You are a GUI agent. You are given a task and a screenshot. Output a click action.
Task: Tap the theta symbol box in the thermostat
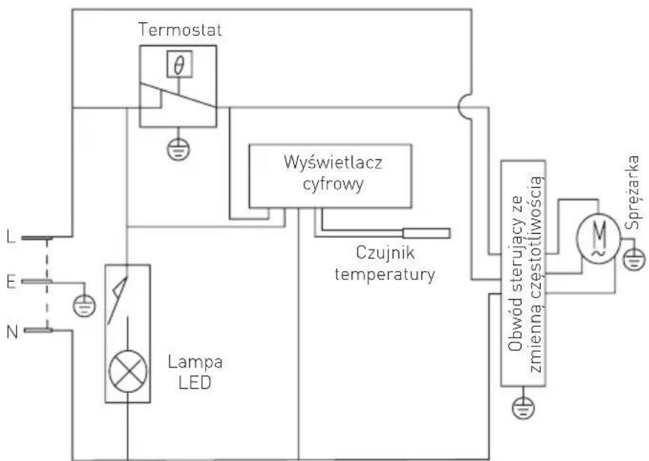click(x=180, y=65)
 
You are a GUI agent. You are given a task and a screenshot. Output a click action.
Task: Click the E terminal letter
click(x=10, y=282)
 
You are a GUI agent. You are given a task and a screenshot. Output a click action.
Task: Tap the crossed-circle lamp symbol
click(x=128, y=374)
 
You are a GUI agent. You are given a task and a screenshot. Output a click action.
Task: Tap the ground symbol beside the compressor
click(x=630, y=259)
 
